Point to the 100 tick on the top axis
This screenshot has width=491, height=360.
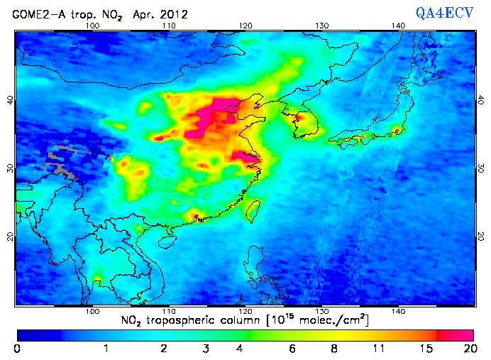pos(92,26)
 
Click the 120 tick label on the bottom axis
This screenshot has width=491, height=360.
pos(245,311)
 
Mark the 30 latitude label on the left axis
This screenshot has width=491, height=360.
pos(9,168)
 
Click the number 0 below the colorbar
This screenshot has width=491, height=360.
pos(17,348)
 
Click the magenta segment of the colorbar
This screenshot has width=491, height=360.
pos(458,334)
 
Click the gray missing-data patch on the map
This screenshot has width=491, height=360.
pos(62,162)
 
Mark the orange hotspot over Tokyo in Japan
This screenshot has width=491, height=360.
pos(397,131)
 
